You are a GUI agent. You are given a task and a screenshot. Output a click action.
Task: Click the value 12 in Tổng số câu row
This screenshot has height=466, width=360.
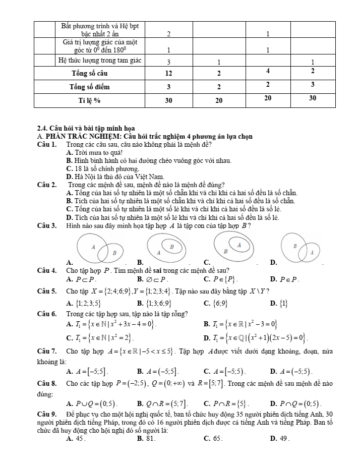tap(168, 73)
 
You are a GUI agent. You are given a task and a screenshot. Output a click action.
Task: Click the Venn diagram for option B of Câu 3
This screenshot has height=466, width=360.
tap(167, 249)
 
